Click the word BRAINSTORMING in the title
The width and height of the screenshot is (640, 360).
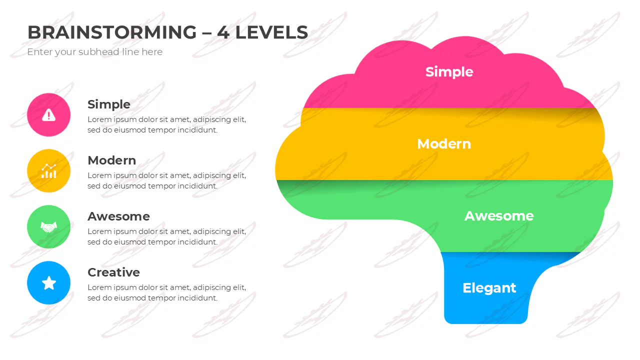pos(112,32)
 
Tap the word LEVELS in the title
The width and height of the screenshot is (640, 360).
pos(271,32)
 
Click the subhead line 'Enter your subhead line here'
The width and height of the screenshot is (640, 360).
pos(95,52)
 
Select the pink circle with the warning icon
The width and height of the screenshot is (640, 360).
pos(48,115)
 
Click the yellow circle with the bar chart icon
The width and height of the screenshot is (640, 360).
pos(48,171)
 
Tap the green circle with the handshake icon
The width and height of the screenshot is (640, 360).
pos(48,227)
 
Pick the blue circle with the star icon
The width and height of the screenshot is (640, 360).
pos(48,283)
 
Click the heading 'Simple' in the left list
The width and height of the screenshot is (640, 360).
pos(109,105)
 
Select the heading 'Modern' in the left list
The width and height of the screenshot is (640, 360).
pos(111,160)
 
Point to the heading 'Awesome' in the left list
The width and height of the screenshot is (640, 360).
pos(118,216)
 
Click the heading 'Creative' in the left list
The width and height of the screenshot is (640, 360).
pos(113,272)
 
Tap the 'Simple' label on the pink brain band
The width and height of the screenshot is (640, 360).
pos(449,72)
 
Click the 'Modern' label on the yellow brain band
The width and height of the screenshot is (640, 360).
pos(444,144)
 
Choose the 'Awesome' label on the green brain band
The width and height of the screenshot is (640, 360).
pos(499,216)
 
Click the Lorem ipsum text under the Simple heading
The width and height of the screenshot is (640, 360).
pos(167,124)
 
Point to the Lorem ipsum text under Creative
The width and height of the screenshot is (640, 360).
pos(167,292)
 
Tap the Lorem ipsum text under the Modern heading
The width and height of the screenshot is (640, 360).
pos(167,180)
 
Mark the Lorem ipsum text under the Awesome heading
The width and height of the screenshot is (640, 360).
pos(167,236)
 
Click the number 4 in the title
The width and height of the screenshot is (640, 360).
pos(223,32)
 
